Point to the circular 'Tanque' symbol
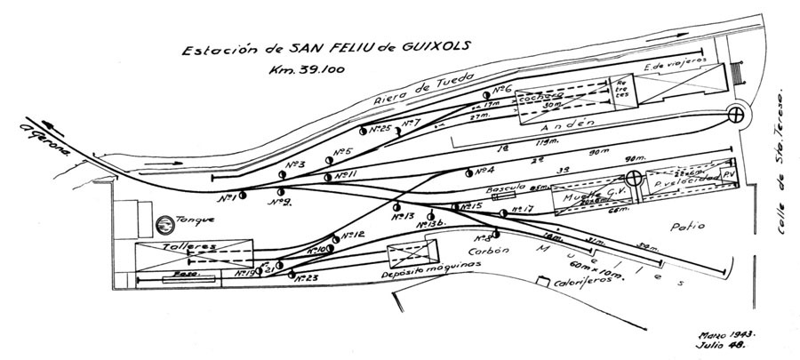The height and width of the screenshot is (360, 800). (x=164, y=227)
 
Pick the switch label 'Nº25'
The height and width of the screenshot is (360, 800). (x=381, y=130)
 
